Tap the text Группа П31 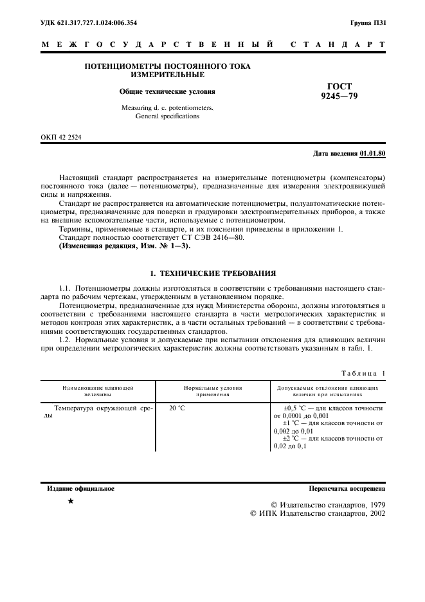(x=368, y=23)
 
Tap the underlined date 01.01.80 (x=373, y=154)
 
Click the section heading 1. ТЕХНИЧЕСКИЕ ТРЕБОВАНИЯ (x=212, y=273)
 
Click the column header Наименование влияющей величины (x=98, y=392)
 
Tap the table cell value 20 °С (x=177, y=408)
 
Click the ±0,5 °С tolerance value (x=297, y=408)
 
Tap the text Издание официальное (x=81, y=489)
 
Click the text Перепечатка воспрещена (x=347, y=489)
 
